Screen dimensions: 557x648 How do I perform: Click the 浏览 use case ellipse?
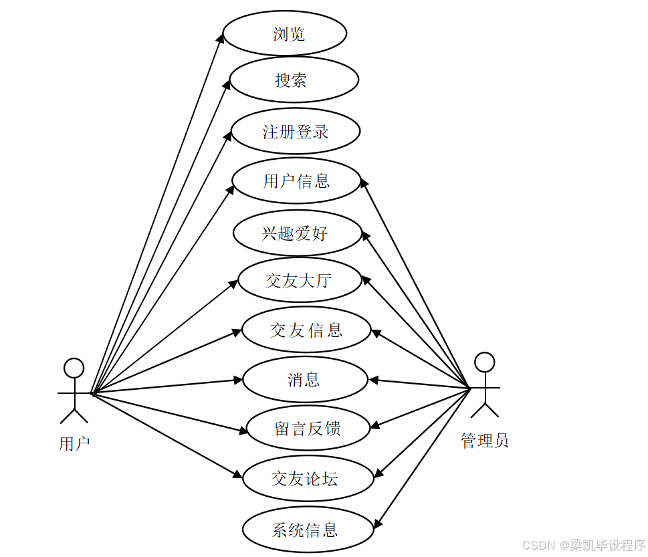click(x=285, y=33)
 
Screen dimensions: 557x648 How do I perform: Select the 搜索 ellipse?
click(x=294, y=80)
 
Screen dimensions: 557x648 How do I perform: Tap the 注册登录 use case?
click(x=296, y=132)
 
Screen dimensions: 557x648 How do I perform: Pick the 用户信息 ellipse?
click(x=296, y=181)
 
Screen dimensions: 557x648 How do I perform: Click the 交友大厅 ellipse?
click(x=299, y=280)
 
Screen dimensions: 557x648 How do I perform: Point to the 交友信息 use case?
click(x=306, y=330)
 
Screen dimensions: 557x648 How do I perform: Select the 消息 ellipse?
click(x=305, y=380)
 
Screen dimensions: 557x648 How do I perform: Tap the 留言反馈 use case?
click(x=308, y=429)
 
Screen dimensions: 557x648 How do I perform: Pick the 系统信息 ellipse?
click(x=307, y=530)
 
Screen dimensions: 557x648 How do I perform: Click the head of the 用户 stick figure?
click(x=74, y=368)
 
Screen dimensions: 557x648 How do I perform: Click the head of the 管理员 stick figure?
click(x=484, y=362)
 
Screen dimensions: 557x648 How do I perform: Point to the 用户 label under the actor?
click(x=74, y=443)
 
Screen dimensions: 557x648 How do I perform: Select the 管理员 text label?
click(x=485, y=441)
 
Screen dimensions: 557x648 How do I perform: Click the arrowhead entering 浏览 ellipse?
click(x=222, y=37)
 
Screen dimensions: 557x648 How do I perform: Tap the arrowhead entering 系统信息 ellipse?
click(x=376, y=524)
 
